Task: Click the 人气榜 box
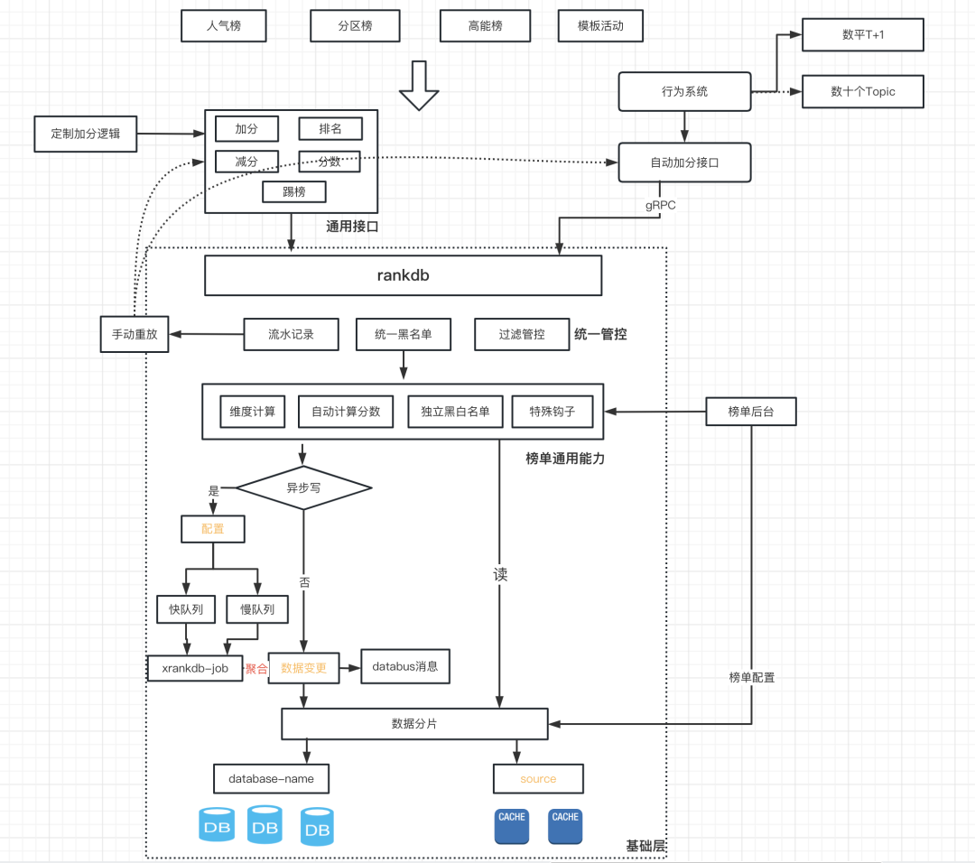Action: (x=224, y=26)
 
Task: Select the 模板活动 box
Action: (x=602, y=26)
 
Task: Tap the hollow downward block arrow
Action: (x=418, y=86)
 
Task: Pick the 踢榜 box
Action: (x=293, y=191)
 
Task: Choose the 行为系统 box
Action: (x=684, y=91)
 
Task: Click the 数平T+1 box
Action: (x=863, y=34)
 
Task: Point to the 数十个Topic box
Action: (x=863, y=91)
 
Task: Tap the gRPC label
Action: (x=660, y=205)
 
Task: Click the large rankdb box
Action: (x=403, y=275)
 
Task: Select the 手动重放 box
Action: (x=135, y=334)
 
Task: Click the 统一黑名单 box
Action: (x=403, y=334)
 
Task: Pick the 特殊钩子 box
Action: (x=552, y=412)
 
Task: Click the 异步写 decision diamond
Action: (x=303, y=487)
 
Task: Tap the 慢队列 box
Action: (x=256, y=609)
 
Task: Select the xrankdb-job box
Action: (x=195, y=669)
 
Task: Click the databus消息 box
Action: (x=404, y=667)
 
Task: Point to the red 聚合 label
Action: (x=256, y=669)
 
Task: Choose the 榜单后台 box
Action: (x=751, y=412)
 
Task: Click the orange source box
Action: (x=538, y=778)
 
